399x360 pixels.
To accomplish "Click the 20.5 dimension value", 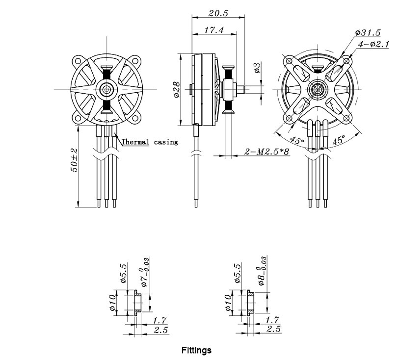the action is tap(218, 13).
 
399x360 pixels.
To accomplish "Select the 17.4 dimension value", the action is tap(214, 30).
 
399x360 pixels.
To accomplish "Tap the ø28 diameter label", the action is tap(176, 89).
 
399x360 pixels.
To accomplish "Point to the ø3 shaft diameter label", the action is tap(257, 67).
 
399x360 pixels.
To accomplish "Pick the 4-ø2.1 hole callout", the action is tap(373, 44).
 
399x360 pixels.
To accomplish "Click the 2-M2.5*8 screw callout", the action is tap(267, 152).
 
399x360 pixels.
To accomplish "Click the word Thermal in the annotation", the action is tap(135, 142).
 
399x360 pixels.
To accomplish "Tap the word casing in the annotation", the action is tap(166, 142).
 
